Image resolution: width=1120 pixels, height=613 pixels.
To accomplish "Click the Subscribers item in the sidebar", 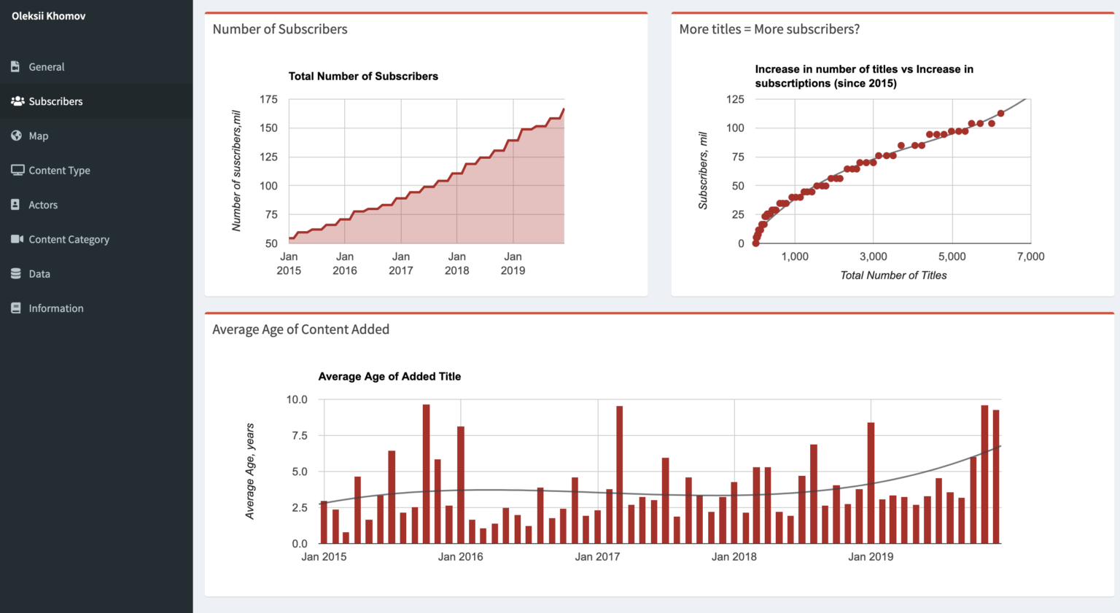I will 55,101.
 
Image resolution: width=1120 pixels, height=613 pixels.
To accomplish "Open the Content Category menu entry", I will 69,239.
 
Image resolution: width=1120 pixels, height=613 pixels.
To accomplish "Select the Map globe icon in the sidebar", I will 16,136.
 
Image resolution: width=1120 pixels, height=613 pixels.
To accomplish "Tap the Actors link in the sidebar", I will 43,205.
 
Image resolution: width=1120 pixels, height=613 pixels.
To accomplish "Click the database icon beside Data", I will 16,274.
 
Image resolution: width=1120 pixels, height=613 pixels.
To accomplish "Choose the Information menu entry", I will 55,308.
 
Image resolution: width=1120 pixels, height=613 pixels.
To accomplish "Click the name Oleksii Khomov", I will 48,16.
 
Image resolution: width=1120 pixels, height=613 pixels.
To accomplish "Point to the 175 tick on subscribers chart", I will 268,99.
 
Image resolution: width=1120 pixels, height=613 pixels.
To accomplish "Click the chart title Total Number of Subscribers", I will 363,77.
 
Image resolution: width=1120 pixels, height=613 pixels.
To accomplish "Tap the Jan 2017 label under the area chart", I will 400,263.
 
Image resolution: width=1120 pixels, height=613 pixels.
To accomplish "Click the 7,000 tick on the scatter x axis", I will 1030,257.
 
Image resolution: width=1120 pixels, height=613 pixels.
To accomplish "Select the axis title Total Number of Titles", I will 893,276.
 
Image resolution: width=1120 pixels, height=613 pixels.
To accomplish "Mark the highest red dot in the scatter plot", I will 1000,114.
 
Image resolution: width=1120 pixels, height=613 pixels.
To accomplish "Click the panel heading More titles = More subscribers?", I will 769,29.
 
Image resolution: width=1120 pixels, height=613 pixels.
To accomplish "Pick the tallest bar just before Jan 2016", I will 426,474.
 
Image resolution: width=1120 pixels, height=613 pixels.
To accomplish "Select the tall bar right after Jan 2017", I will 619,475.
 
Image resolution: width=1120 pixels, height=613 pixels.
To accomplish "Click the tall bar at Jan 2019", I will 871,483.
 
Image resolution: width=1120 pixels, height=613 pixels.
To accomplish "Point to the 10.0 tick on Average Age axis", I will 297,399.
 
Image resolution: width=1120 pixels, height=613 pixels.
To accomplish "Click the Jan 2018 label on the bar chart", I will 734,557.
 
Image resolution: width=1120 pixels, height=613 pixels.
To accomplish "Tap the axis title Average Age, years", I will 250,471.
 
